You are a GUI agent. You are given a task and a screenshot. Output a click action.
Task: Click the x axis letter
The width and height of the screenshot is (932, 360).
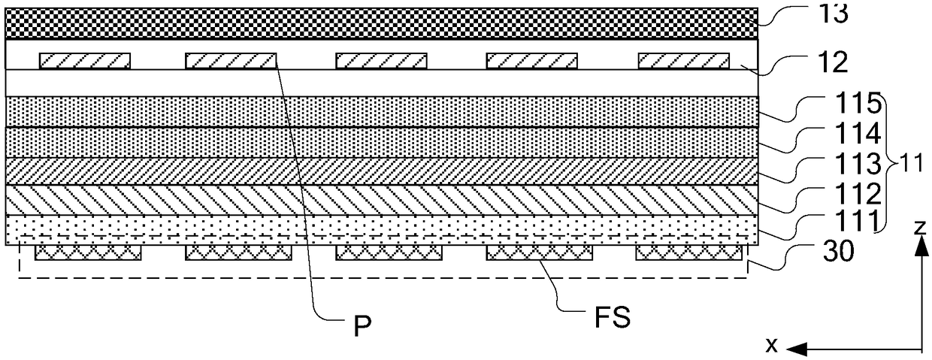[x=770, y=346]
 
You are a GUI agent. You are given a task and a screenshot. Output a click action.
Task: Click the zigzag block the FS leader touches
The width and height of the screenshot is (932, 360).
[x=540, y=253]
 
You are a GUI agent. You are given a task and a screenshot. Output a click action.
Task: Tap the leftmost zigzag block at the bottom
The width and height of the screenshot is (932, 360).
[x=88, y=253]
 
